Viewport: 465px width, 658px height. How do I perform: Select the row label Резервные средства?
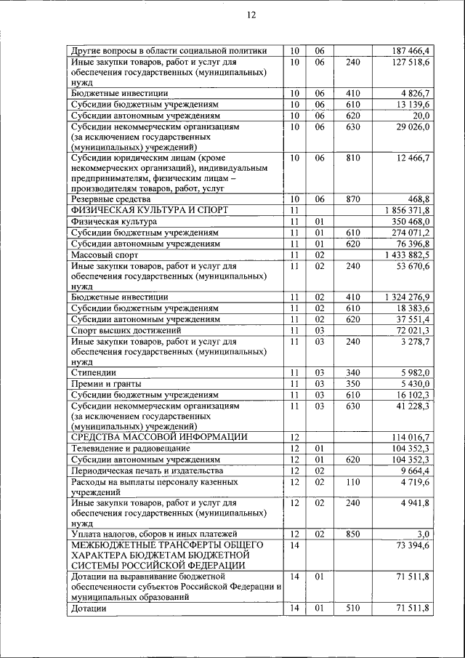click(x=111, y=198)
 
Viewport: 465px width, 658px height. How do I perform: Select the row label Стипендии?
click(x=94, y=372)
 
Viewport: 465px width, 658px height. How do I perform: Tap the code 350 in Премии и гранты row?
click(x=353, y=383)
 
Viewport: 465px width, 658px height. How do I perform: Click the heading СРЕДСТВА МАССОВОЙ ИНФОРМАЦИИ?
click(x=159, y=437)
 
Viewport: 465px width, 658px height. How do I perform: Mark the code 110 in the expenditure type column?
click(x=353, y=481)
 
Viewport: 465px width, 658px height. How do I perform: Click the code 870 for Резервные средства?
click(x=353, y=198)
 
